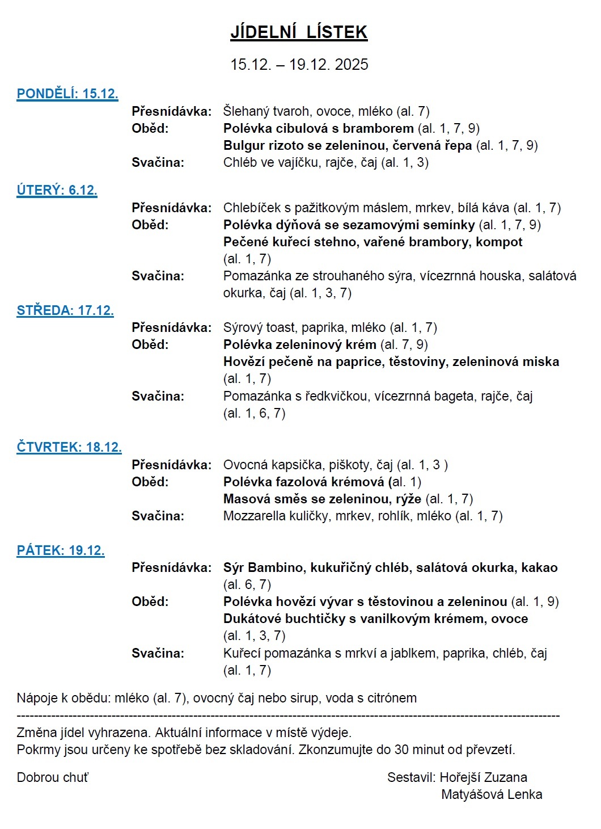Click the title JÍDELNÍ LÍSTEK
click(x=299, y=32)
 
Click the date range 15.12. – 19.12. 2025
click(x=299, y=64)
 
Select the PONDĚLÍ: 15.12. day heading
click(x=67, y=94)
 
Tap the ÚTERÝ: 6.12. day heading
click(x=57, y=190)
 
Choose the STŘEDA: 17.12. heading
click(x=65, y=310)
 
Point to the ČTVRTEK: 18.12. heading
click(x=69, y=447)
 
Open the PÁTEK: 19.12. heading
click(x=61, y=550)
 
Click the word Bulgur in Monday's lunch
click(x=243, y=145)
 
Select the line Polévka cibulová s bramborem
click(x=318, y=128)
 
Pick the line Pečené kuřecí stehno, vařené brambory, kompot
click(x=373, y=242)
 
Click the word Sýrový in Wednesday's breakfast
click(x=243, y=327)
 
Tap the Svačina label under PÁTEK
click(x=158, y=653)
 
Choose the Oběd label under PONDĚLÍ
click(x=150, y=128)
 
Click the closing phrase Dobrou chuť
click(x=53, y=777)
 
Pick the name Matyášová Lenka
click(x=492, y=794)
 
